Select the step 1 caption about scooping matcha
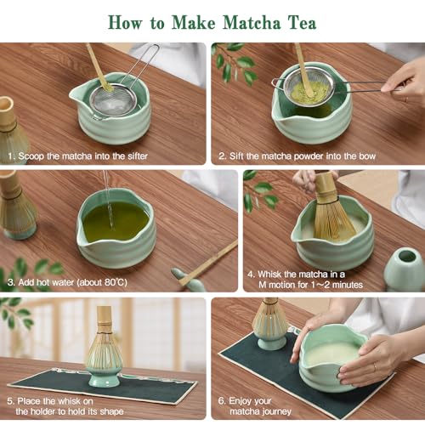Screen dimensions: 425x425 tap(77, 156)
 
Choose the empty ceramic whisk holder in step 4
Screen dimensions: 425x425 tap(405, 267)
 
